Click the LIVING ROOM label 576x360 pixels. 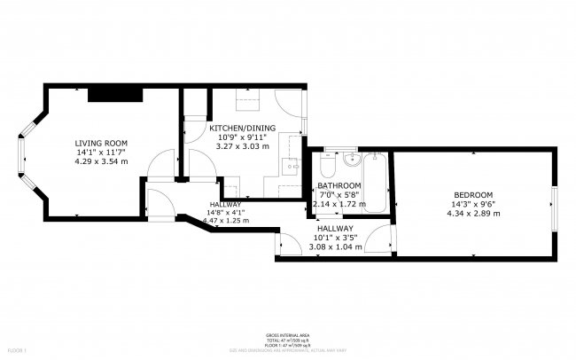tap(101, 143)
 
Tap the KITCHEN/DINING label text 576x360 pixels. tap(242, 129)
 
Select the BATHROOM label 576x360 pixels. tap(339, 185)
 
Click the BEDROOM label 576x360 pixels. tap(473, 195)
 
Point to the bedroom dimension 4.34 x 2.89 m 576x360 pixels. tap(473, 213)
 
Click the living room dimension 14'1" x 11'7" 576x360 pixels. tap(101, 152)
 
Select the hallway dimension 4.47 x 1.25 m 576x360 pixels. tap(228, 221)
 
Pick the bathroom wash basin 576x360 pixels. tap(352, 160)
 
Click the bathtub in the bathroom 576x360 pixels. tap(378, 182)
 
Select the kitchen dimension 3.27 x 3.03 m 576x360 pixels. tap(242, 146)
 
